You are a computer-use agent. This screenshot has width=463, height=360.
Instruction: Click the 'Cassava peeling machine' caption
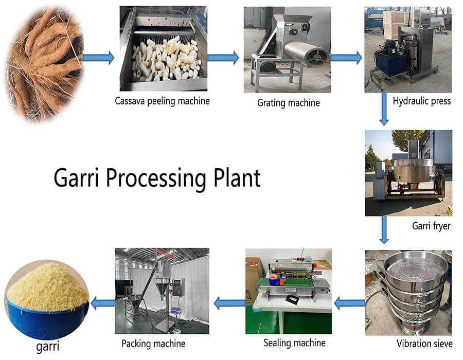tap(162, 101)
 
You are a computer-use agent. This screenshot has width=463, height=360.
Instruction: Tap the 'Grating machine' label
tap(289, 103)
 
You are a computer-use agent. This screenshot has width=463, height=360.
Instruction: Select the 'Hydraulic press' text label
tap(422, 101)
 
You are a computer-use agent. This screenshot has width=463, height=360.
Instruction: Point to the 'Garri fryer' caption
tap(431, 226)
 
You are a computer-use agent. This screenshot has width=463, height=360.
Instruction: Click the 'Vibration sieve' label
tap(424, 344)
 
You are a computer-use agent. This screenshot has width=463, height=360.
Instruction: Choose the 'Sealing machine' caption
tap(294, 343)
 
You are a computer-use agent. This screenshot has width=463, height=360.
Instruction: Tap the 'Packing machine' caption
tap(153, 344)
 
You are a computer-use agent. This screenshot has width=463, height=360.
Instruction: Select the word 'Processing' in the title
tap(156, 179)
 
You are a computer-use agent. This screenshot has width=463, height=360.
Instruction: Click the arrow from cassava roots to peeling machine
tap(98, 58)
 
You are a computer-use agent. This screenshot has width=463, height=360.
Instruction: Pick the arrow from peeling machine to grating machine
tap(223, 58)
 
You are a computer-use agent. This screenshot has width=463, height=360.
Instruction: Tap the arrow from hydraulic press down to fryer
tap(384, 109)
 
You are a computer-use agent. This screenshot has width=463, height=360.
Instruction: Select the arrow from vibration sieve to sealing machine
tap(350, 303)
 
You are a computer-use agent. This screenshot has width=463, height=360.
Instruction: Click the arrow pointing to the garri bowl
tap(102, 303)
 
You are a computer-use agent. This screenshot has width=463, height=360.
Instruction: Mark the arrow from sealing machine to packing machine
tap(229, 303)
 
